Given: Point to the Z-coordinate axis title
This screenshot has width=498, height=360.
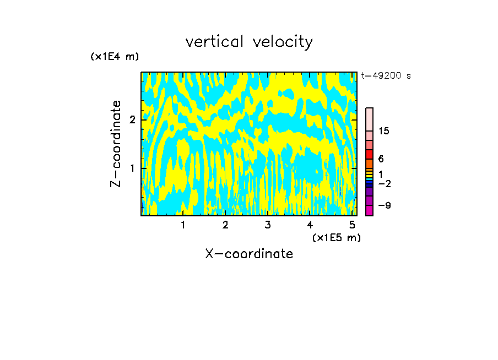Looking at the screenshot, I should pyautogui.click(x=116, y=144).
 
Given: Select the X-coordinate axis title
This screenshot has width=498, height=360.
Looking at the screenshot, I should pyautogui.click(x=249, y=254).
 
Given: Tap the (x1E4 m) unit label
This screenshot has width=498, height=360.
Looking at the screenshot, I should pyautogui.click(x=115, y=57).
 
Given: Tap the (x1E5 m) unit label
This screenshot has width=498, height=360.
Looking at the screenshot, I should pyautogui.click(x=336, y=237).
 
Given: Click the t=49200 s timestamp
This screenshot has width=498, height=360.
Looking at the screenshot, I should pyautogui.click(x=386, y=76).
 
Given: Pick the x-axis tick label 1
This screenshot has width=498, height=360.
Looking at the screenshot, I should pyautogui.click(x=183, y=225).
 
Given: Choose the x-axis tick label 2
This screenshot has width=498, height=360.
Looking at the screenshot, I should pyautogui.click(x=225, y=225).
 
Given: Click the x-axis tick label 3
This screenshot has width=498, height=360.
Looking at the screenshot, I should pyautogui.click(x=268, y=225).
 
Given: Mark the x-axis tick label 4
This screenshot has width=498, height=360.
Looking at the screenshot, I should pyautogui.click(x=310, y=225).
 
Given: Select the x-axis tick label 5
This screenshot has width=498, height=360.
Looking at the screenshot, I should pyautogui.click(x=352, y=225).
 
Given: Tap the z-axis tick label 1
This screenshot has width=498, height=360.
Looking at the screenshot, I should pyautogui.click(x=132, y=168).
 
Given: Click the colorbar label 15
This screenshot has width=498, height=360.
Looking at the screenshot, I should pyautogui.click(x=383, y=131).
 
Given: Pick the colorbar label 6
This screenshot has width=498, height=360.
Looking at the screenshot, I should pyautogui.click(x=381, y=159).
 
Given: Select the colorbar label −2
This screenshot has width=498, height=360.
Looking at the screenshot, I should pyautogui.click(x=384, y=183).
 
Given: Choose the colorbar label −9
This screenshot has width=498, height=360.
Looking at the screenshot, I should pyautogui.click(x=384, y=205).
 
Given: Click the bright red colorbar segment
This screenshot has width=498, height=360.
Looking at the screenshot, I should pyautogui.click(x=370, y=154).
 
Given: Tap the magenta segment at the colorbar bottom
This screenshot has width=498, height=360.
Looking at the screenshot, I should pyautogui.click(x=370, y=210).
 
